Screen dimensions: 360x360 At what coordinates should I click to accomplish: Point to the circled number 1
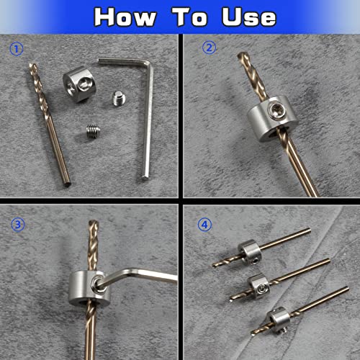click(x=17, y=50)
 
